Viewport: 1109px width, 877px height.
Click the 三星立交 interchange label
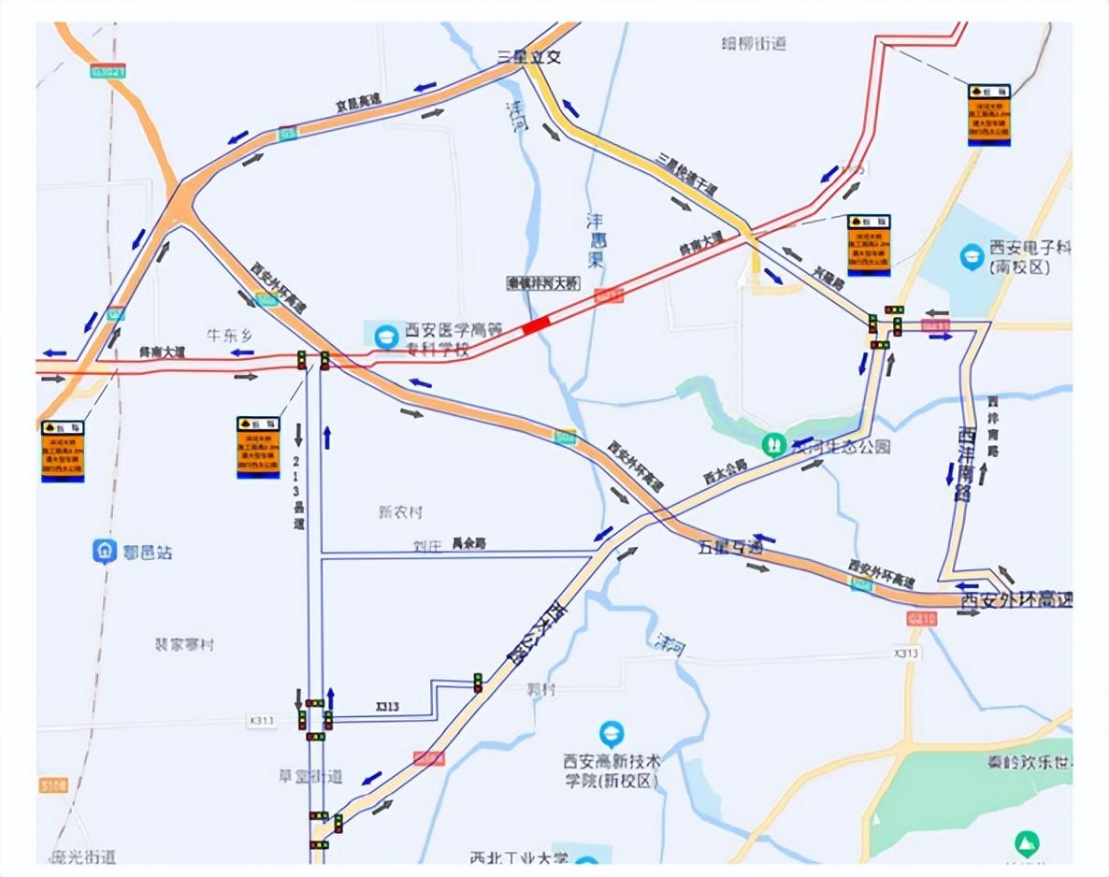click(529, 57)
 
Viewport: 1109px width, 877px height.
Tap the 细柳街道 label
click(755, 43)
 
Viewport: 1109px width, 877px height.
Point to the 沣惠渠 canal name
click(596, 239)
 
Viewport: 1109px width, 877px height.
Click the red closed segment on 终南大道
click(537, 324)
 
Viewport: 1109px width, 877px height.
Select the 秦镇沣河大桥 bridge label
click(542, 282)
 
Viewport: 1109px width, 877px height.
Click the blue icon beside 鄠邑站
click(105, 552)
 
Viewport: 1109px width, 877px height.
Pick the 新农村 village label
click(400, 512)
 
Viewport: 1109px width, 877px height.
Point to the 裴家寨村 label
click(184, 645)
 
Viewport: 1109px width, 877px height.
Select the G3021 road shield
click(108, 71)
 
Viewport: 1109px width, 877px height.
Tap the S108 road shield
click(53, 785)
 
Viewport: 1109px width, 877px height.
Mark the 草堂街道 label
click(310, 776)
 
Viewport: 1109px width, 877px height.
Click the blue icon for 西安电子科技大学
click(972, 253)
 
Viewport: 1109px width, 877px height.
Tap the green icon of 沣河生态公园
click(772, 445)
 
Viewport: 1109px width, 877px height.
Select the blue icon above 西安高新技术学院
click(612, 734)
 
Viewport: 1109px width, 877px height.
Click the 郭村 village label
click(540, 690)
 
